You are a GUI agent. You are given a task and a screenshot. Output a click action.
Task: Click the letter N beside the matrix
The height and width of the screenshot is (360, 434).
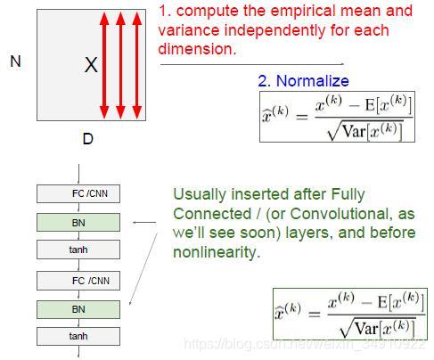tap(15, 61)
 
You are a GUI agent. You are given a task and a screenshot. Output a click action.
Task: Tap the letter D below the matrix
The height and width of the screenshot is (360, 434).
tap(88, 139)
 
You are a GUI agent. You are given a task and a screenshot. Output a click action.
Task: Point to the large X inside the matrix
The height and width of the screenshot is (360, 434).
tap(91, 65)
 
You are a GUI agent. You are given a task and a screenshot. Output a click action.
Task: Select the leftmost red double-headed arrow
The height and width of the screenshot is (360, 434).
tap(104, 65)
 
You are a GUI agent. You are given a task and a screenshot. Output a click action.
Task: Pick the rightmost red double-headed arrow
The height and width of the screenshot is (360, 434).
tap(137, 65)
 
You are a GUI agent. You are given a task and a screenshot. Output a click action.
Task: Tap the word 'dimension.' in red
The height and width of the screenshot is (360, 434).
tap(197, 49)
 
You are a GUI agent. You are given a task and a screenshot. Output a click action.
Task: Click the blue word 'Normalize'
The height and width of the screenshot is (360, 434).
tap(313, 81)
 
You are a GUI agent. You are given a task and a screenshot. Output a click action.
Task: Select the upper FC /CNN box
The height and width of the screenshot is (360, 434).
tap(78, 193)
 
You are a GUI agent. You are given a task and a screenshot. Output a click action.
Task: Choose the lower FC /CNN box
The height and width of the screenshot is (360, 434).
tap(78, 281)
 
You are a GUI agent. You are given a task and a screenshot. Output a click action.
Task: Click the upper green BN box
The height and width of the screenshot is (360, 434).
tap(78, 222)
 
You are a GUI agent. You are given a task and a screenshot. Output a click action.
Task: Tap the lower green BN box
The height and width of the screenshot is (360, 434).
tap(78, 309)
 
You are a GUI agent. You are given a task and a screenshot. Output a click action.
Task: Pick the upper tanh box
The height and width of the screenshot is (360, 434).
tap(78, 250)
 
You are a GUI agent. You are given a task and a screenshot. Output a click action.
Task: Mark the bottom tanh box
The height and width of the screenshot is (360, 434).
tap(78, 336)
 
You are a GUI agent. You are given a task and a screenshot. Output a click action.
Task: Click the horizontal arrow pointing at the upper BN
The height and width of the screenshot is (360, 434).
tap(144, 222)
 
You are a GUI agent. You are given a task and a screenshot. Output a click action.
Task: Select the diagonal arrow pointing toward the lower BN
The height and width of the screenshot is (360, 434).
tap(143, 269)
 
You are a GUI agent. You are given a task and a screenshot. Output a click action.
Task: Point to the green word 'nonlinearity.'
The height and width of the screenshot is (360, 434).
tap(217, 252)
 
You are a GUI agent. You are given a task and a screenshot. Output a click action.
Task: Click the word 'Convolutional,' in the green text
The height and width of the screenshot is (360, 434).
tap(340, 214)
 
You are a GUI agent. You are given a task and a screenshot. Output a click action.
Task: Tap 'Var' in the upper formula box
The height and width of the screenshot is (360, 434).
tap(354, 131)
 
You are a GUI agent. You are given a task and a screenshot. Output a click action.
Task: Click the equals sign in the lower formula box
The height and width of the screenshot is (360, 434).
tap(315, 314)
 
